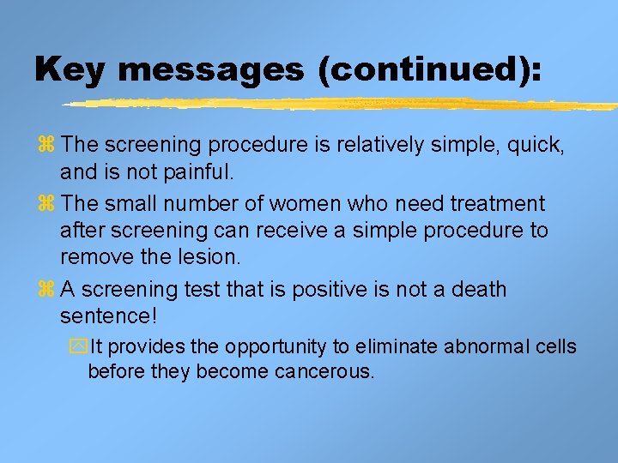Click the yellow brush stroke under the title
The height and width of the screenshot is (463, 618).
[x=335, y=105]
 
